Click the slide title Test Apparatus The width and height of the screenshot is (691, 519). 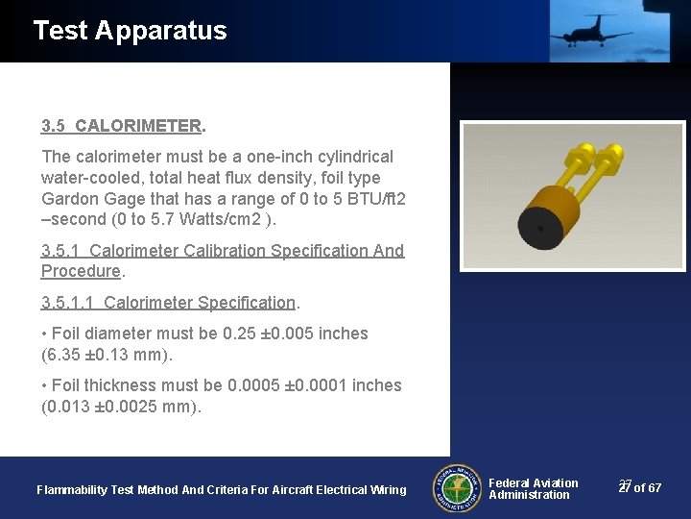tap(130, 31)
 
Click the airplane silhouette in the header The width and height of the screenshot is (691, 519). tap(591, 31)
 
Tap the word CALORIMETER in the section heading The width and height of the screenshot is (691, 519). tap(138, 126)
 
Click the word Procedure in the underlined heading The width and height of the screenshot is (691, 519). tap(81, 271)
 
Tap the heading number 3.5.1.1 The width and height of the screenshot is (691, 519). tap(68, 303)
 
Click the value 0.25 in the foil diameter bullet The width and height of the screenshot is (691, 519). tap(238, 334)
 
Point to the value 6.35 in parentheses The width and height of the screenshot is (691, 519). tap(64, 355)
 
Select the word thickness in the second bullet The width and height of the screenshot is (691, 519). tap(117, 385)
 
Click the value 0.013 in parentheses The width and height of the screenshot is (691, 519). tap(68, 407)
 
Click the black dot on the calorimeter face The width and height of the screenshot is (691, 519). tap(541, 229)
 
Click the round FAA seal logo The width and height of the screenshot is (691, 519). tap(456, 488)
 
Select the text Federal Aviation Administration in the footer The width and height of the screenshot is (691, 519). tap(533, 489)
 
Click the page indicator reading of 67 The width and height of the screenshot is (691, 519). tap(648, 488)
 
